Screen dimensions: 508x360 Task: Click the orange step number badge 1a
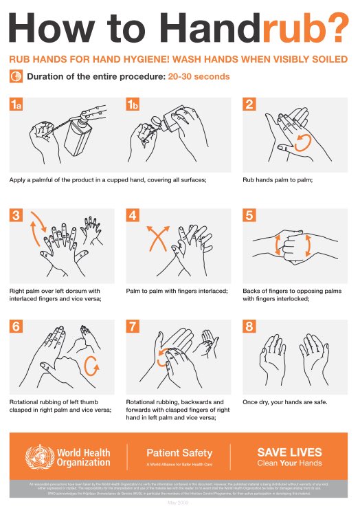16,104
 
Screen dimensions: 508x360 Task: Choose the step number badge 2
249,104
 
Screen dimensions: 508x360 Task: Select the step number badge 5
249,214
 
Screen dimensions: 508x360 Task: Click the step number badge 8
249,327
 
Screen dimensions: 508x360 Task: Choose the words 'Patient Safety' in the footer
179,452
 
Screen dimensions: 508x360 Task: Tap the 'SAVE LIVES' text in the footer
289,452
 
